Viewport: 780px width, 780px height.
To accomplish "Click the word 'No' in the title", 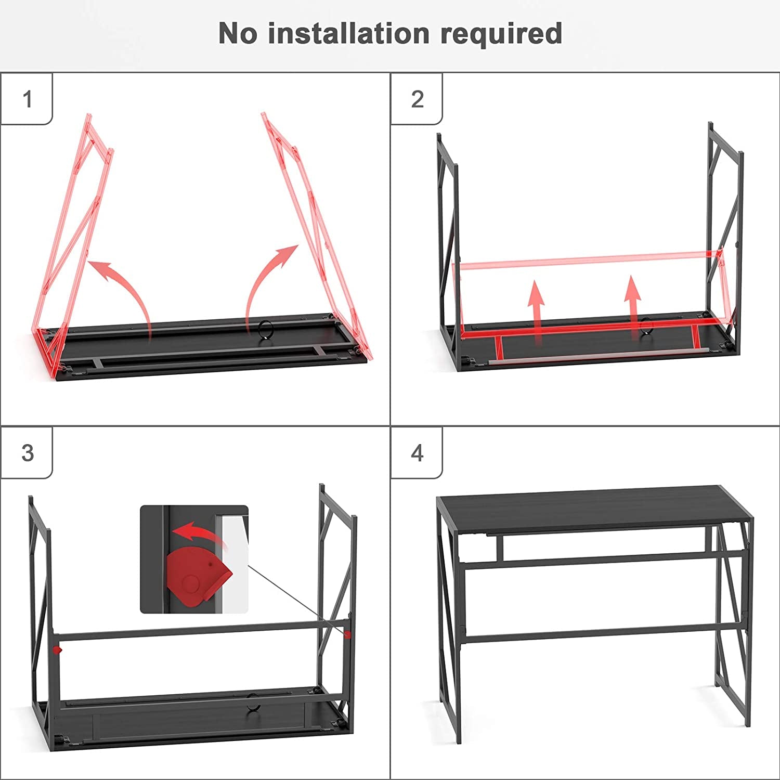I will click(x=238, y=34).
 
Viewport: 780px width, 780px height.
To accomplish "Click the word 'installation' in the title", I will click(x=348, y=34).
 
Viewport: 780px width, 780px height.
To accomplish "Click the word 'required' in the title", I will click(x=501, y=34).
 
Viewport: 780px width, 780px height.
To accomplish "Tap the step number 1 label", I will click(x=28, y=99).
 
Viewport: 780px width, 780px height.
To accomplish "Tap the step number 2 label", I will click(x=417, y=99).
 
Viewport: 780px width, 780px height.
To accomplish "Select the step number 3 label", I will click(x=28, y=453).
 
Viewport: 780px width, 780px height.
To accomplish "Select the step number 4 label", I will click(x=417, y=453).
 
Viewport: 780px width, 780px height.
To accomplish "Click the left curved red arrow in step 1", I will click(x=125, y=291).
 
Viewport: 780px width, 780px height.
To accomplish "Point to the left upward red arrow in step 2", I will click(x=536, y=309).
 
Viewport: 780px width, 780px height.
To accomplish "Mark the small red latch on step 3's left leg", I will click(x=58, y=649).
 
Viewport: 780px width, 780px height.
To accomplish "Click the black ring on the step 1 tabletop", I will click(x=266, y=330).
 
